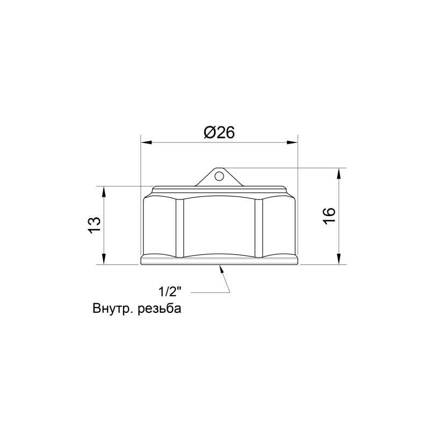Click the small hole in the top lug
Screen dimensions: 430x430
click(x=218, y=175)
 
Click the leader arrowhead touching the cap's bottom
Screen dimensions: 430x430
click(x=221, y=269)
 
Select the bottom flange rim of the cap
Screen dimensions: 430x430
click(x=219, y=260)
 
